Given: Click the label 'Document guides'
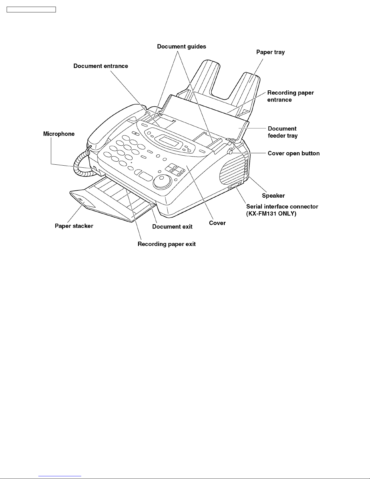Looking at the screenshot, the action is coord(182,47).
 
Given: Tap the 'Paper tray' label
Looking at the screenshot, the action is coord(270,52).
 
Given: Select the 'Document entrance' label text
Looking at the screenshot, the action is coord(101,66).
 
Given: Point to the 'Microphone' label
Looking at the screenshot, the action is coord(59,134).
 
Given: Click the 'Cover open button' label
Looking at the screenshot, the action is coord(294,154).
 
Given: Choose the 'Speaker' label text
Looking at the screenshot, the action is coord(273,196).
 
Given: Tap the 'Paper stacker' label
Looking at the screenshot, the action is coord(74,226).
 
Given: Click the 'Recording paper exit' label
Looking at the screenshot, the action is coord(166,244).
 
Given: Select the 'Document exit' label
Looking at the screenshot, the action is coord(172,227).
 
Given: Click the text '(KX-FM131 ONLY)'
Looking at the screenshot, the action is coord(271,214).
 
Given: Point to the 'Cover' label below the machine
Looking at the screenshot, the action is coord(217,223).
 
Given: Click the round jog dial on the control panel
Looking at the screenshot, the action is coord(162,181).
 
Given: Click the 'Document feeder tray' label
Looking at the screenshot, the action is coord(283,132).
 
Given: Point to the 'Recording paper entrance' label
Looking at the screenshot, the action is coord(291,96).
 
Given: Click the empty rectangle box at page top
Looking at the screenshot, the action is coord(31,9).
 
